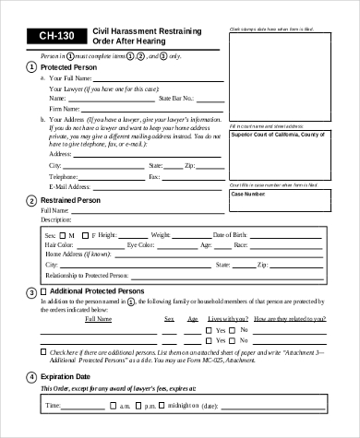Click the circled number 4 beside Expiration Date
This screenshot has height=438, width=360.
[x=32, y=377]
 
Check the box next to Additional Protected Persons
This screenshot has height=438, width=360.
[x=45, y=291]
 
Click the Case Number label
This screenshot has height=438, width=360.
[x=247, y=195]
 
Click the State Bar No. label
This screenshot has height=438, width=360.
[x=176, y=97]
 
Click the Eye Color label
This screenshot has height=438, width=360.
[x=144, y=245]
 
